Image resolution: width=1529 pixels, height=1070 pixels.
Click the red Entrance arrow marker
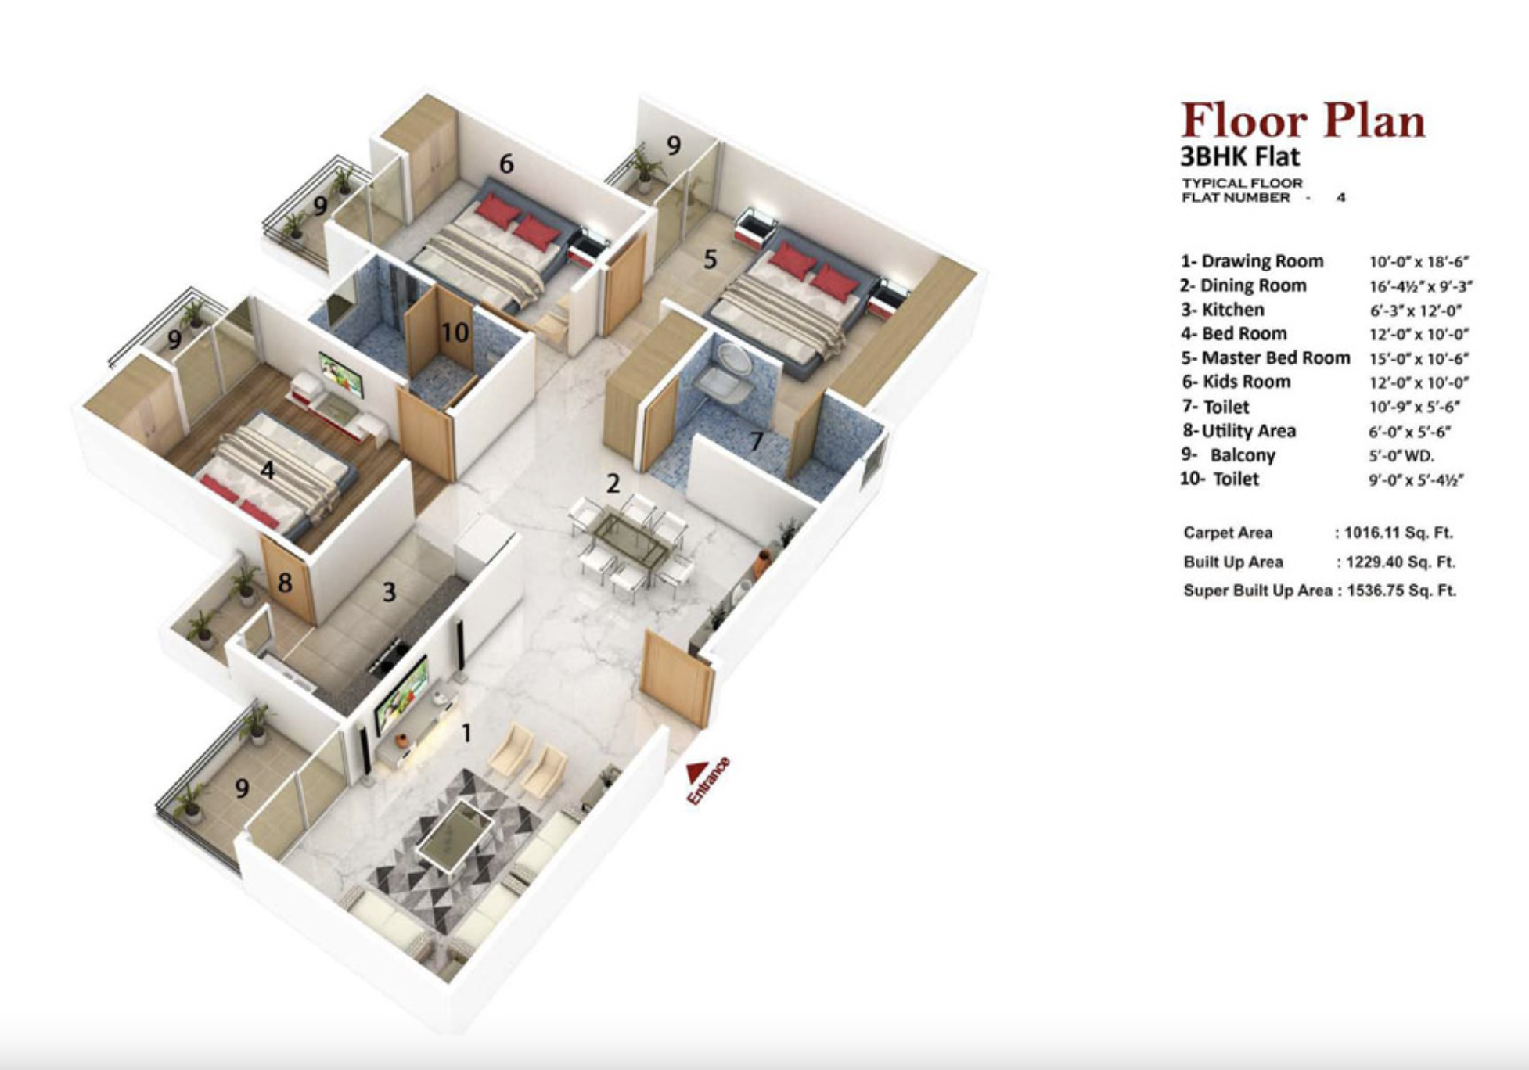click(696, 771)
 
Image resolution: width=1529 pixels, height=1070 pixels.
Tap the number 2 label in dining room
click(613, 483)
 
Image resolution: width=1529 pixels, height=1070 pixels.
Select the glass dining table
click(631, 539)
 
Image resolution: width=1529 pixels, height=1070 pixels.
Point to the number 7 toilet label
click(756, 441)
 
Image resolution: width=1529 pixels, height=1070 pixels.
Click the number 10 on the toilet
click(455, 333)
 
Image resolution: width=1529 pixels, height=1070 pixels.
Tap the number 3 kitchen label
click(389, 592)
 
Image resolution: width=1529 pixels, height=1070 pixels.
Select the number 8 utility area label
click(285, 582)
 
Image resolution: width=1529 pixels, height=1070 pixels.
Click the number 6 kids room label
click(506, 164)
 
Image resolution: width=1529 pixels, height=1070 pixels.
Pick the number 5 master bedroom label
click(710, 259)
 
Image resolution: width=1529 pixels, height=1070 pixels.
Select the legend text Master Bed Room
click(1275, 358)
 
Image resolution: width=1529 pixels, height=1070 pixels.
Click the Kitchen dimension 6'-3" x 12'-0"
click(1416, 311)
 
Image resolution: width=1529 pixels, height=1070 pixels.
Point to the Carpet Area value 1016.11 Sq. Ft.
click(1398, 533)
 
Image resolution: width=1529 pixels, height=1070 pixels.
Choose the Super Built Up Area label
click(1257, 591)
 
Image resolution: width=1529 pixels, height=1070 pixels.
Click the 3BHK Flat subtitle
click(1239, 156)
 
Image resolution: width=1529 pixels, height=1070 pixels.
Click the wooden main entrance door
click(676, 680)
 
